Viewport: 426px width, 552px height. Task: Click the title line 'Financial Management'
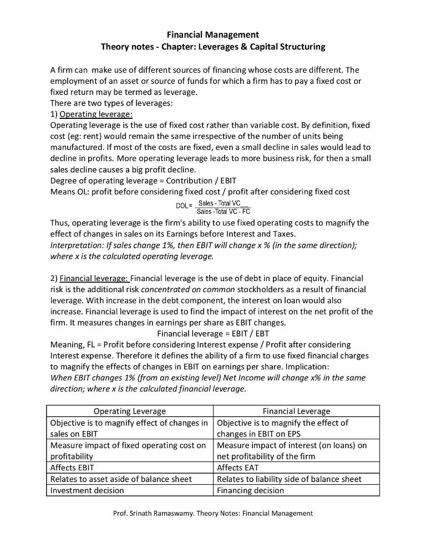click(x=212, y=35)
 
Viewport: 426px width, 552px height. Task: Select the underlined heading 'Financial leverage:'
click(x=94, y=278)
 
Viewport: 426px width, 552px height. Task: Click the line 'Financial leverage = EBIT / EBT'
click(x=213, y=333)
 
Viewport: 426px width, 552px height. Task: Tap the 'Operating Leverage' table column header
click(x=129, y=411)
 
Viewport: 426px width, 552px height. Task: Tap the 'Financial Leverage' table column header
click(x=296, y=411)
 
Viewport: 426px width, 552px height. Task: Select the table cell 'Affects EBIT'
click(x=72, y=468)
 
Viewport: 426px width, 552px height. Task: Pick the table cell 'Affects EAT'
click(x=237, y=468)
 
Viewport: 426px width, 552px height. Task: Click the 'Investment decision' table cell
click(x=87, y=490)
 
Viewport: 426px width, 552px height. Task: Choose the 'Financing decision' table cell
click(x=250, y=490)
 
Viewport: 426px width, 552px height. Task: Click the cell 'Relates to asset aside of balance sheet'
click(x=121, y=479)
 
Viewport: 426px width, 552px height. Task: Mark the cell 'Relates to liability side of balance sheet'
click(x=289, y=479)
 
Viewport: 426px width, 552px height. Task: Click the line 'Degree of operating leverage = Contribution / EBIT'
click(x=143, y=180)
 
